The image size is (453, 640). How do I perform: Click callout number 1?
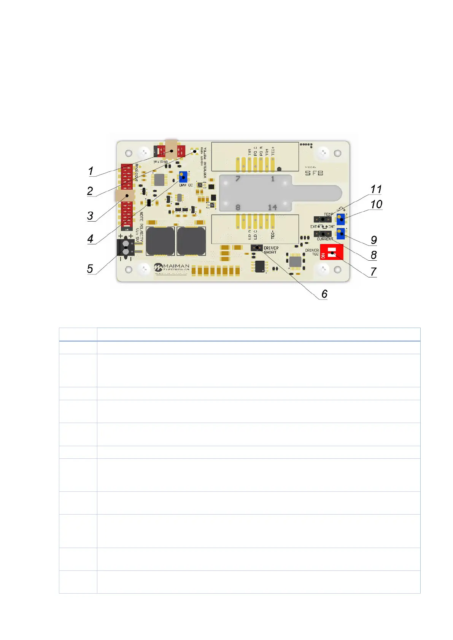(x=91, y=171)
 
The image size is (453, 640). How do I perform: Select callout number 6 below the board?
(x=324, y=294)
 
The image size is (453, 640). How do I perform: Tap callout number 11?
(x=376, y=189)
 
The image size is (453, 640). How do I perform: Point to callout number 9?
(x=374, y=240)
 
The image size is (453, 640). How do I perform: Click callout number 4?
(x=90, y=239)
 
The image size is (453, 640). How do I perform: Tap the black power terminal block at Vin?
(x=126, y=248)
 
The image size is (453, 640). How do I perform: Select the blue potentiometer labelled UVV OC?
(x=183, y=177)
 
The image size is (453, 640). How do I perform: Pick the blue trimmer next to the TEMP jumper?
(x=340, y=219)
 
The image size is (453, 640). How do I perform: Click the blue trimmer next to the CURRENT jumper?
(x=340, y=233)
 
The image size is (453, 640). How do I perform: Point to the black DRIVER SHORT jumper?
(x=257, y=248)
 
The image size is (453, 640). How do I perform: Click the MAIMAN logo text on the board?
(x=176, y=266)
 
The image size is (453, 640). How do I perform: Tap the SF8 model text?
(x=314, y=173)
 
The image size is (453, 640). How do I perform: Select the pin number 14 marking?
(x=272, y=208)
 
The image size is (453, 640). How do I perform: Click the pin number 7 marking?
(x=238, y=179)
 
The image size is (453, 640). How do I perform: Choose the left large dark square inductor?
(x=160, y=241)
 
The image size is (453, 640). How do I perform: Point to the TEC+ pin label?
(x=273, y=151)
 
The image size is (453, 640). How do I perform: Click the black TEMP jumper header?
(x=323, y=219)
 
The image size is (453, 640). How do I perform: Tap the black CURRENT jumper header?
(x=323, y=234)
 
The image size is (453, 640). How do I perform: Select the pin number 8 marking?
(x=238, y=208)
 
